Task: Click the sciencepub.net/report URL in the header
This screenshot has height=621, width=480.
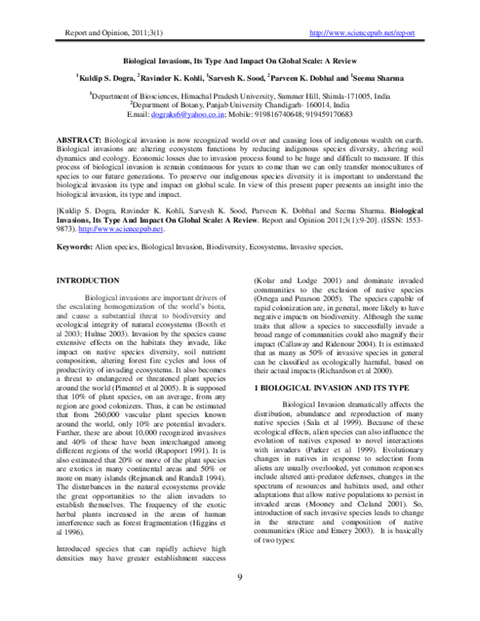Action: (361, 34)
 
